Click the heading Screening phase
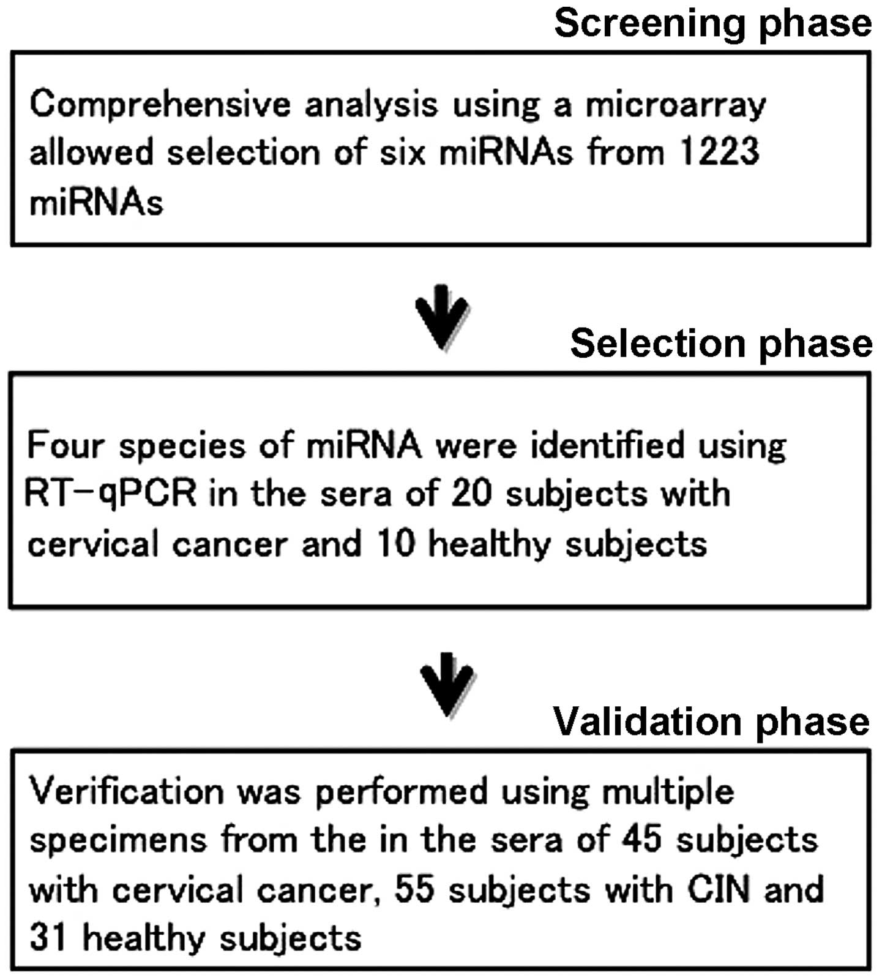[712, 24]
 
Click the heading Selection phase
[720, 344]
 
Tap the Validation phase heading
[711, 722]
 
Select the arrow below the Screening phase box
[442, 317]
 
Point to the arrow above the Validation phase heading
[448, 684]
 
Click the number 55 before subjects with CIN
[414, 889]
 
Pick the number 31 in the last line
[48, 938]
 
